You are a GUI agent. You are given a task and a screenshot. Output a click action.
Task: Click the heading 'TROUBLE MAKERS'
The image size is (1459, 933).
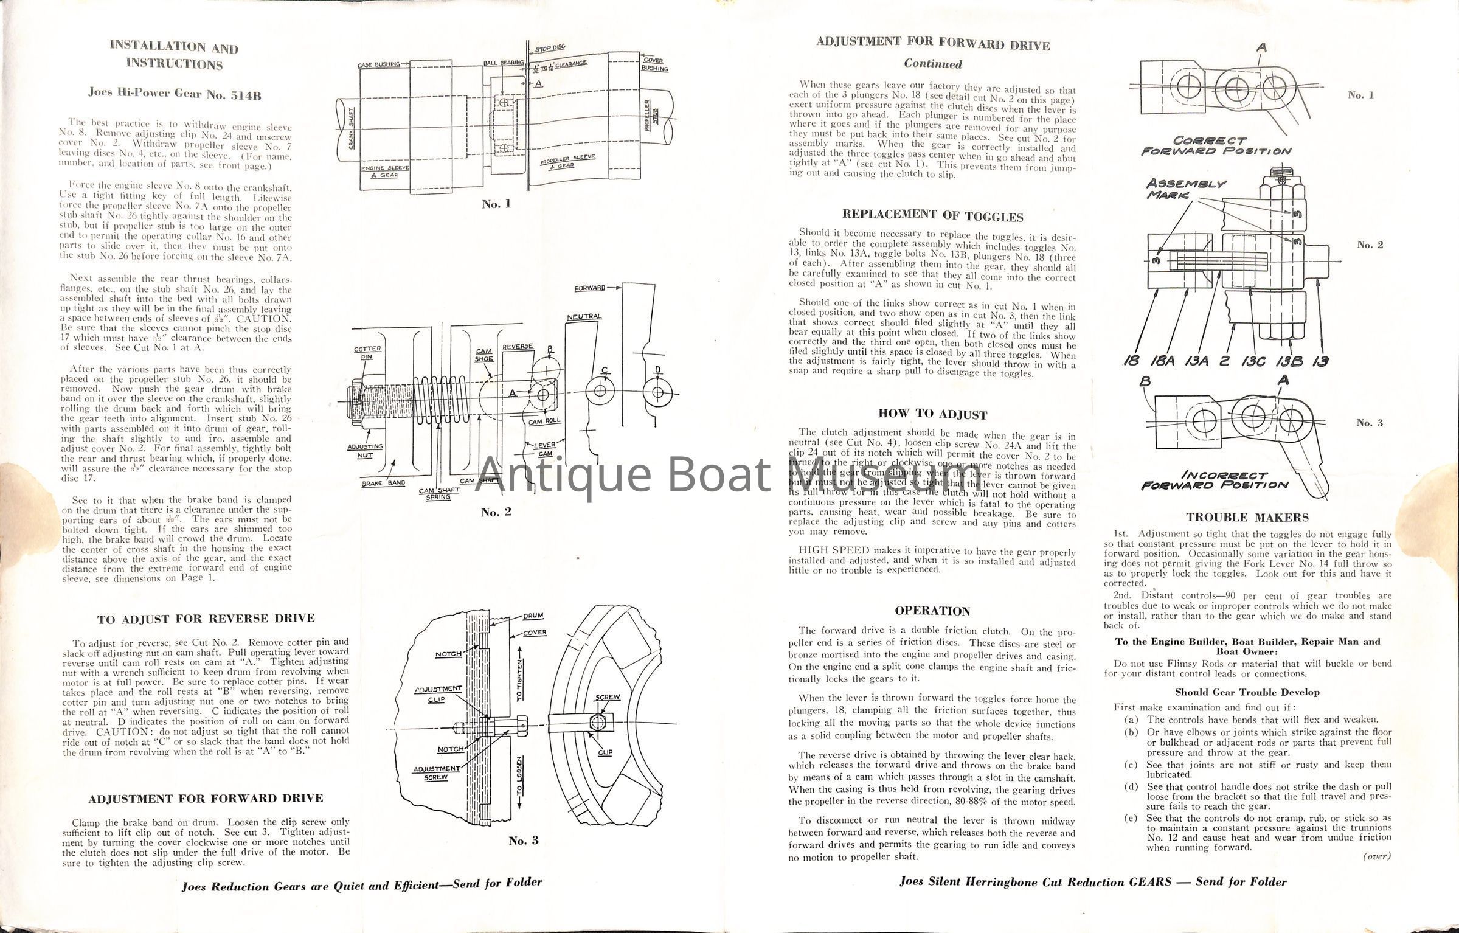pyautogui.click(x=1247, y=518)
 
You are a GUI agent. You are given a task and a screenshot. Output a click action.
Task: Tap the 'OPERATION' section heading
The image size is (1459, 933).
pyautogui.click(x=932, y=611)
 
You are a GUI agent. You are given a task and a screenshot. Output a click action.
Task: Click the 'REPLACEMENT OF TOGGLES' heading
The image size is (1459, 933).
pyautogui.click(x=932, y=215)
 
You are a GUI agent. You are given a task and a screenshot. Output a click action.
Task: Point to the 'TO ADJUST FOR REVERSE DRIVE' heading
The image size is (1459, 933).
pyautogui.click(x=206, y=619)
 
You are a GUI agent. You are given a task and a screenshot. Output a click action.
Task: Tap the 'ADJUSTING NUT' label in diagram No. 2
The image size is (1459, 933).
pyautogui.click(x=365, y=451)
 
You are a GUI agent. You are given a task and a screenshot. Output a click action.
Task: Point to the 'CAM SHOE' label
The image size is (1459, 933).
pyautogui.click(x=484, y=355)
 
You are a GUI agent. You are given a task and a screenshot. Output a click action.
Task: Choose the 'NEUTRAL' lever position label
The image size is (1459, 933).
pyautogui.click(x=584, y=317)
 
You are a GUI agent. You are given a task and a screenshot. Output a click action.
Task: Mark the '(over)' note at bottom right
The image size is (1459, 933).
pyautogui.click(x=1377, y=856)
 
